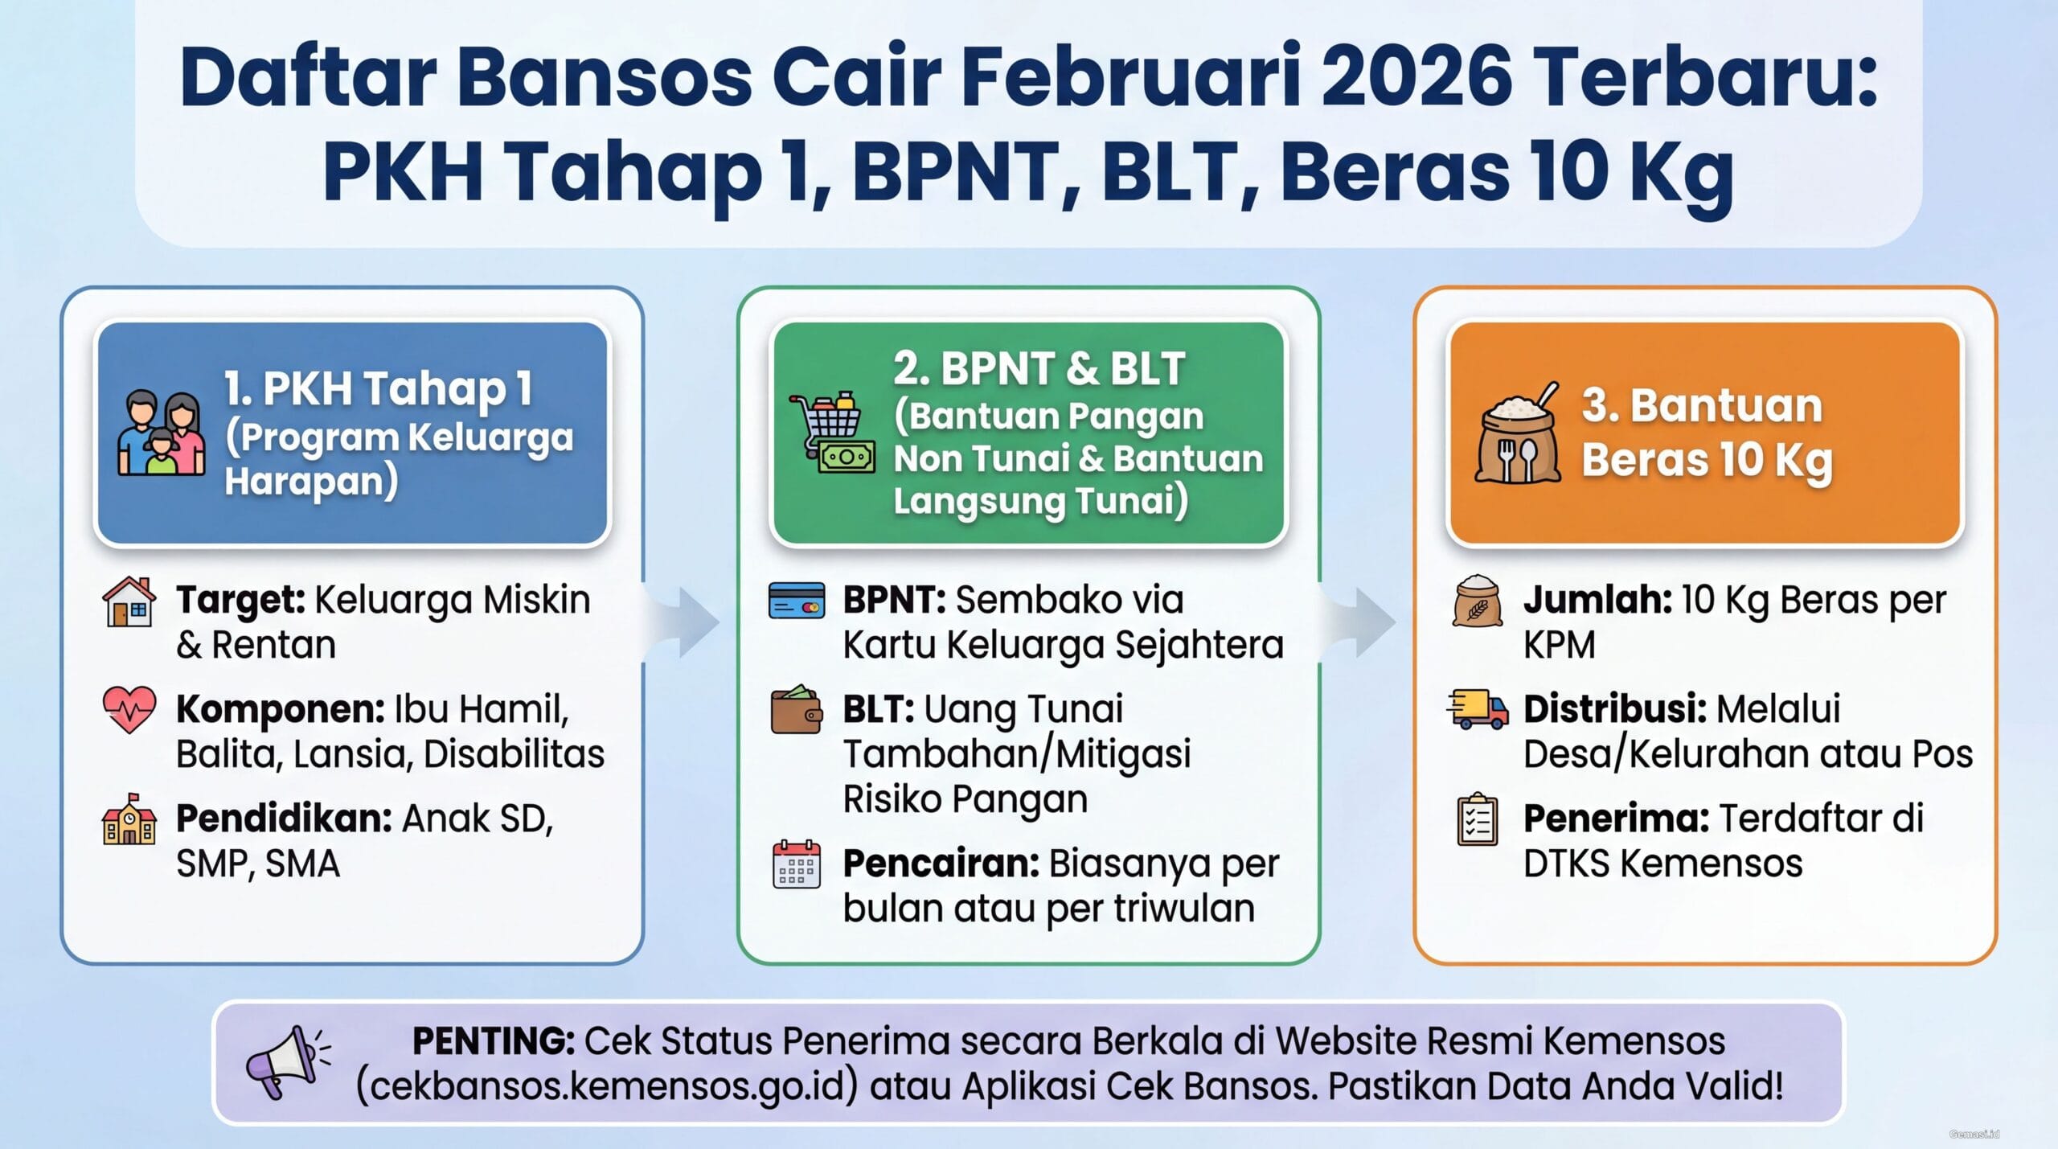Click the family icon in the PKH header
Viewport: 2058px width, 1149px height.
point(161,433)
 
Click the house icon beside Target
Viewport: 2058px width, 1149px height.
point(129,601)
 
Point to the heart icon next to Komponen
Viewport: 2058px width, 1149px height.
point(129,709)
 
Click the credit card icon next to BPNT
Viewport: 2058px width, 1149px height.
point(797,600)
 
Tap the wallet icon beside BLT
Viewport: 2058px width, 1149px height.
point(796,709)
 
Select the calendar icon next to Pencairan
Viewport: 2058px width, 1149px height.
point(796,864)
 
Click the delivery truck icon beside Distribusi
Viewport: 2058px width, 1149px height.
point(1478,709)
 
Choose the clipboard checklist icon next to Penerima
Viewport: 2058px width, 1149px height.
point(1478,819)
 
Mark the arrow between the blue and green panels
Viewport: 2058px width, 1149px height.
point(688,622)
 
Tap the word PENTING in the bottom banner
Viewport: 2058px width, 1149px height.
point(493,1041)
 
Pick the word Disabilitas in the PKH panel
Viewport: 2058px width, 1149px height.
point(514,754)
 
